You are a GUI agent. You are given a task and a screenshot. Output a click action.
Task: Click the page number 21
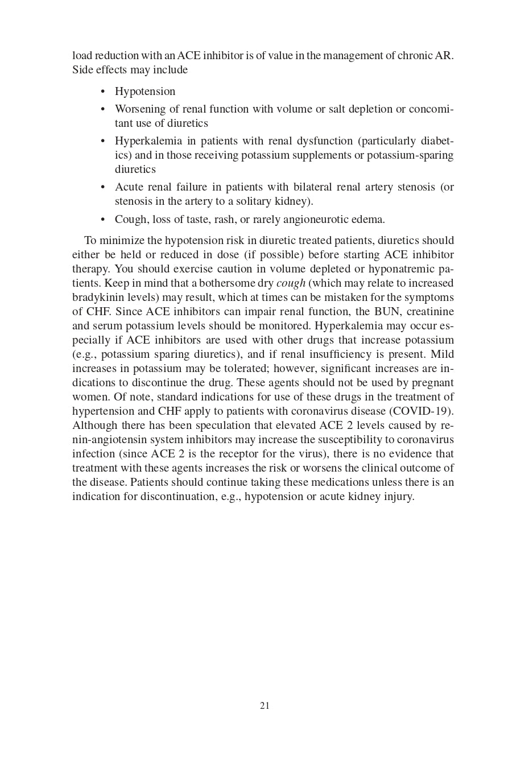[x=265, y=705]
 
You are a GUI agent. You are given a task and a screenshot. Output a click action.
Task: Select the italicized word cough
[x=291, y=283]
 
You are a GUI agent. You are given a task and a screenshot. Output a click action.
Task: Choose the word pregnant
[x=428, y=383]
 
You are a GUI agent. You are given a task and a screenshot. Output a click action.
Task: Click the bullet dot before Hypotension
[x=103, y=92]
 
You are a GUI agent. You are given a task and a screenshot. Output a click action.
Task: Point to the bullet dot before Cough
[x=103, y=220]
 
